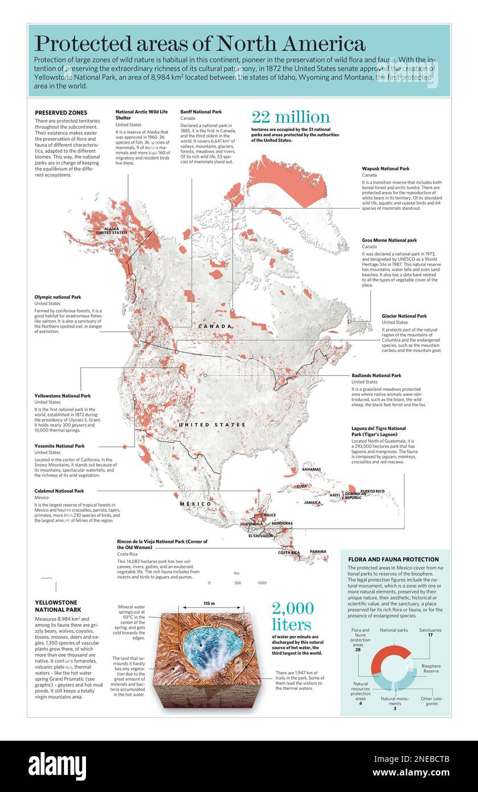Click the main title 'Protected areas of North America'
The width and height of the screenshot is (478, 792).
(x=199, y=44)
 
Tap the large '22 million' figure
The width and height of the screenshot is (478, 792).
(x=291, y=117)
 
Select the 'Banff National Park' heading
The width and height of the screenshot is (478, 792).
(x=201, y=112)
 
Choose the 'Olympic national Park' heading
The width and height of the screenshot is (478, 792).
(x=58, y=297)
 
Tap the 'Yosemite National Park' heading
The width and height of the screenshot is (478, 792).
(x=59, y=446)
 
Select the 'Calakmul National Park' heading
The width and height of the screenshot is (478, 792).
(x=59, y=491)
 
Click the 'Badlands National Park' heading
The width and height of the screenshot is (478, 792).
(x=376, y=375)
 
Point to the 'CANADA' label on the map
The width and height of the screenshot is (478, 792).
(x=215, y=326)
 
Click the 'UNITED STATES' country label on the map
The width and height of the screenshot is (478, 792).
(x=212, y=425)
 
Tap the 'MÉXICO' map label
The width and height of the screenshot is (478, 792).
(x=195, y=504)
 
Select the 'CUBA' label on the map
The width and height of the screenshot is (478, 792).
(x=302, y=487)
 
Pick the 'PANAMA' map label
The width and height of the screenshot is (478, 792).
(x=318, y=552)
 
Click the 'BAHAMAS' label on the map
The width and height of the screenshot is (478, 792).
(x=311, y=470)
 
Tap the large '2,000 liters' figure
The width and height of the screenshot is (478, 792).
(x=292, y=616)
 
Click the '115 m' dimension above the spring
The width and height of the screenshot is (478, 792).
(x=209, y=603)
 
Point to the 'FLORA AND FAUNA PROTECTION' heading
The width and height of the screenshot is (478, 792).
(x=393, y=560)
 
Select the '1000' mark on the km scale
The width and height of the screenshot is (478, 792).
(x=262, y=583)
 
